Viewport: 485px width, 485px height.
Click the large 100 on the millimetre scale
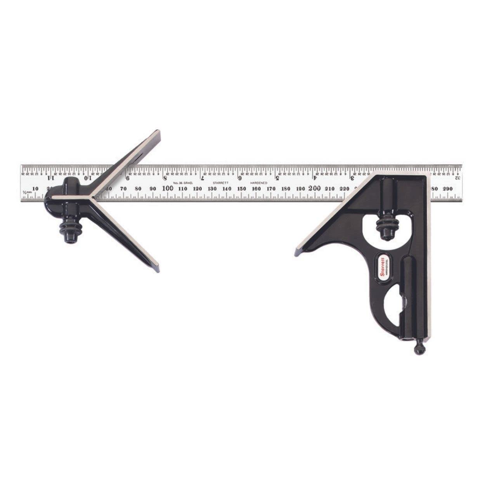(168, 188)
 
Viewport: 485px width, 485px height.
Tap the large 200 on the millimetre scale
(314, 188)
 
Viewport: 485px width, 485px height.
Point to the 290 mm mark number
(448, 189)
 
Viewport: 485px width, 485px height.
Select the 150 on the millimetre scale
(241, 189)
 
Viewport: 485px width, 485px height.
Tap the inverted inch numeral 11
(51, 179)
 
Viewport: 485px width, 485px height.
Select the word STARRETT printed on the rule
(220, 182)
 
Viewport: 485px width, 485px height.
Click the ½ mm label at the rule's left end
(26, 192)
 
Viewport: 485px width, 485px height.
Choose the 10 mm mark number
(35, 189)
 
